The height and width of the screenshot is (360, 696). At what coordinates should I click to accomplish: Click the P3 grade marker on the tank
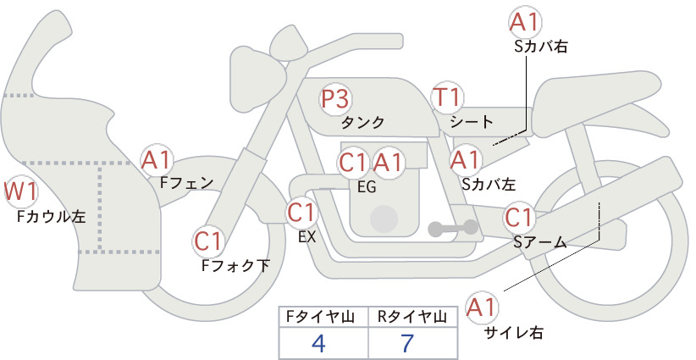[334, 98]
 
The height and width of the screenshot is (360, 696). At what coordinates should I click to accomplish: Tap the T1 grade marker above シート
[447, 97]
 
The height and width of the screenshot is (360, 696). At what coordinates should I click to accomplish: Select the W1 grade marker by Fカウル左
[21, 192]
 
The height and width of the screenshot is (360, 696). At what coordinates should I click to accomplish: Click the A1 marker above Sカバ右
[525, 22]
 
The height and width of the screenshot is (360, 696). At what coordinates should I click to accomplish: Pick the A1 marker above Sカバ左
[466, 161]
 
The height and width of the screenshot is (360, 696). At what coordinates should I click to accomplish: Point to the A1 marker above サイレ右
[482, 307]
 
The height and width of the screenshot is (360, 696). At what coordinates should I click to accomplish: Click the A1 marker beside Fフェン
[156, 160]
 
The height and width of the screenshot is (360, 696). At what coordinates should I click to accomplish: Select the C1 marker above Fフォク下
[207, 242]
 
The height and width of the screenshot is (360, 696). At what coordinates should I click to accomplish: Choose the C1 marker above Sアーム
[518, 218]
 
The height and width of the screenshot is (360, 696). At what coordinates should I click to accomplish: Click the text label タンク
[362, 123]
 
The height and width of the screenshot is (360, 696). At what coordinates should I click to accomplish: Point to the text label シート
[472, 122]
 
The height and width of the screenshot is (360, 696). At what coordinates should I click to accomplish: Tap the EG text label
[367, 187]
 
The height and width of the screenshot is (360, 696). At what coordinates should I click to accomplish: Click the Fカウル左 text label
[51, 216]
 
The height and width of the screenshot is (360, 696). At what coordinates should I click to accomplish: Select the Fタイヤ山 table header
[320, 317]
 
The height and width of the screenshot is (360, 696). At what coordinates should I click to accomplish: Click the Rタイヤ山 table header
[412, 317]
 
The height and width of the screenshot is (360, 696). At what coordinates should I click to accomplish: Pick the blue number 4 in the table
[318, 343]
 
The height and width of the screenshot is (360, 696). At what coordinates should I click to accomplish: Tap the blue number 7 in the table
[407, 343]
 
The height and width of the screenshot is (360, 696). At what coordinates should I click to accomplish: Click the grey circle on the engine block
[384, 219]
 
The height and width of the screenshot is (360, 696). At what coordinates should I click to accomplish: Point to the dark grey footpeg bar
[453, 228]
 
